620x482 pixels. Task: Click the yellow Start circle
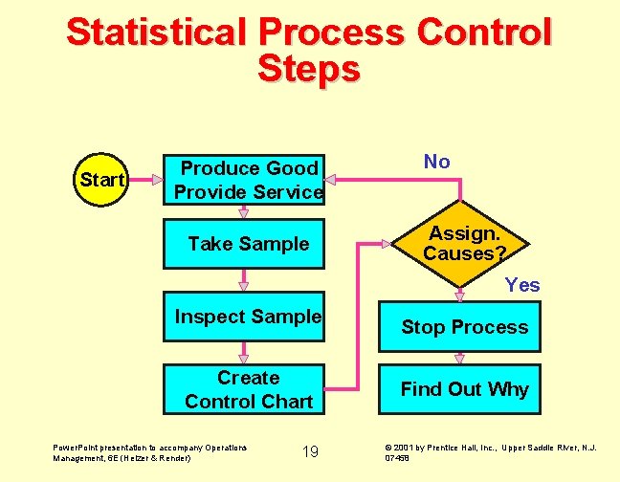(101, 180)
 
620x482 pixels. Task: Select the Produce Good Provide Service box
(248, 180)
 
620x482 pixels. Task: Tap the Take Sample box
(248, 244)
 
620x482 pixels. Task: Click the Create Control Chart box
(248, 389)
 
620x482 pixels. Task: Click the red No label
(436, 162)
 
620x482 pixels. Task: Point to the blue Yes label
(522, 285)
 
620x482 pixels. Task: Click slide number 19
(310, 451)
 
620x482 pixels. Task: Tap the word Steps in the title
(309, 69)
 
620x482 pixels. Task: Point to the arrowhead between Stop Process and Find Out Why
(460, 359)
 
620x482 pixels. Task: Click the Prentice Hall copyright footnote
(491, 451)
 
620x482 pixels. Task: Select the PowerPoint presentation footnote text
(149, 451)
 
